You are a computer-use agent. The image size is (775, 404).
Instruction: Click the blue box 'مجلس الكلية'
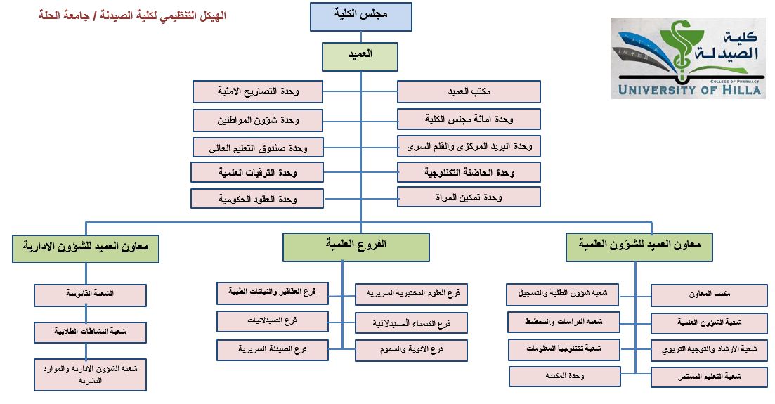(361, 16)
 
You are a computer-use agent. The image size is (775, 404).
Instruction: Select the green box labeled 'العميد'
(360, 56)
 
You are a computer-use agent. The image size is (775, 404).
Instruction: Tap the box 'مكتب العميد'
(469, 92)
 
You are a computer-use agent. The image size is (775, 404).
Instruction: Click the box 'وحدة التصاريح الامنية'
(258, 91)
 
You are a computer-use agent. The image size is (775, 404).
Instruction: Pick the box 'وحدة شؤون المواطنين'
(258, 120)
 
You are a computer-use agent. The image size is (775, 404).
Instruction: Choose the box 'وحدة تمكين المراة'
(469, 197)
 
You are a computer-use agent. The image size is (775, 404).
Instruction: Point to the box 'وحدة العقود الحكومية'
(257, 199)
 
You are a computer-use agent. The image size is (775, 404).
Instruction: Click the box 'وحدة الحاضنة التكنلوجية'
(469, 172)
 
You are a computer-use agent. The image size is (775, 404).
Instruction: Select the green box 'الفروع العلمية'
(356, 247)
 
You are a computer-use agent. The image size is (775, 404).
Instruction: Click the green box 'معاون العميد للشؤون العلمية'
(638, 247)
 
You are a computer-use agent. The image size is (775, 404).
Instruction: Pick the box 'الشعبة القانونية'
(91, 295)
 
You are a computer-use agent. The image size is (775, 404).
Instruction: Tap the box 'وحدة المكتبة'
(565, 377)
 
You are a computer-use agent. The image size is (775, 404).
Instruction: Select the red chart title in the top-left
(132, 15)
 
